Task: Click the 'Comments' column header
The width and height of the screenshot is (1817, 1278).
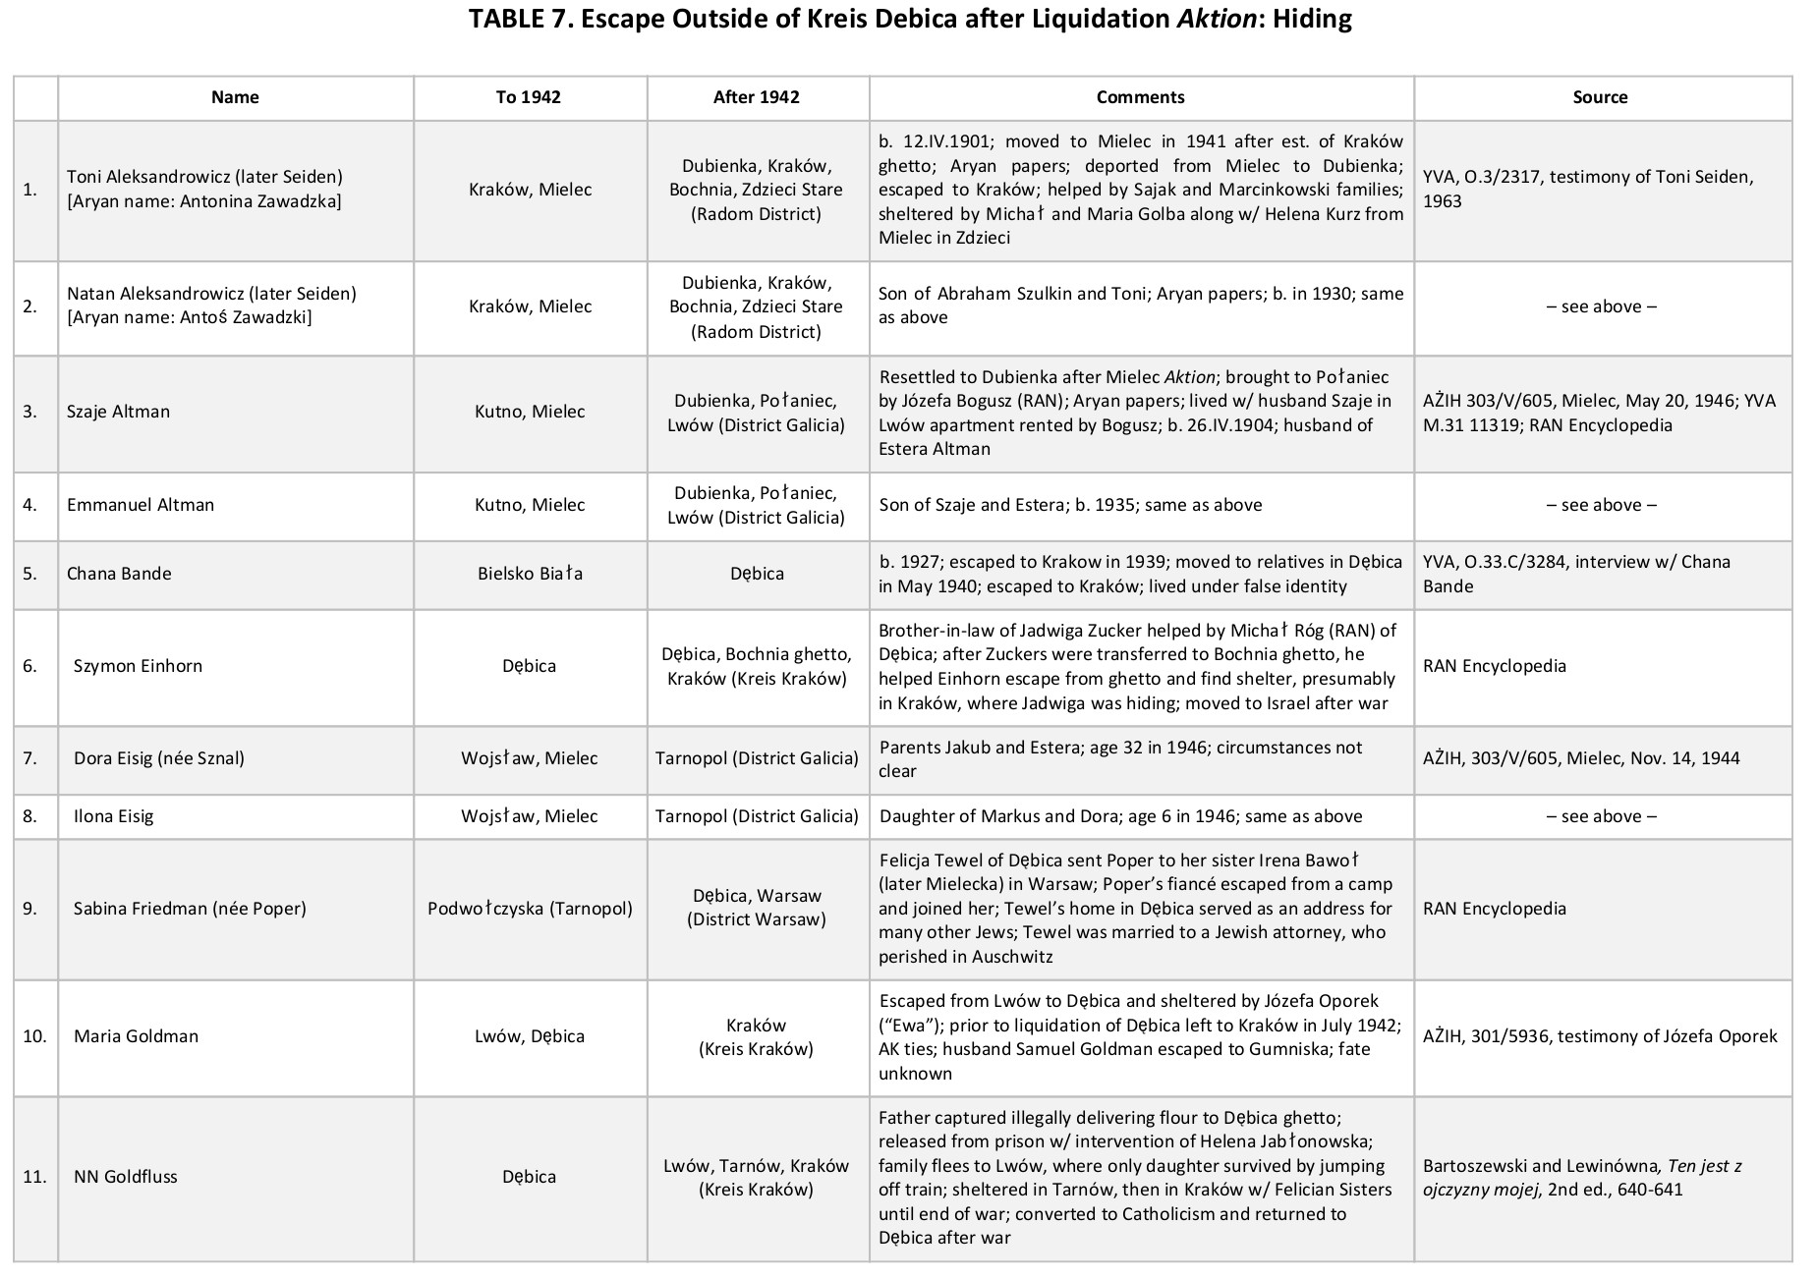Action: click(1140, 97)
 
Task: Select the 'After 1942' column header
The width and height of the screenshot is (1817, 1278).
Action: click(756, 97)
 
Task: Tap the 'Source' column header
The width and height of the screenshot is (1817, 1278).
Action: click(1599, 97)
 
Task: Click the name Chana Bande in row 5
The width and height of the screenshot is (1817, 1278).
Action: click(119, 574)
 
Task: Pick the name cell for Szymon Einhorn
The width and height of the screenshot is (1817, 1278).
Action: click(138, 666)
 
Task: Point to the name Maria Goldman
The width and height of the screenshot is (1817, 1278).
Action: click(136, 1036)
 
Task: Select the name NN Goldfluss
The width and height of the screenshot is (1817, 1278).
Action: click(125, 1177)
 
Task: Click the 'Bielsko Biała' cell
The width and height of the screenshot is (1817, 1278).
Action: click(530, 574)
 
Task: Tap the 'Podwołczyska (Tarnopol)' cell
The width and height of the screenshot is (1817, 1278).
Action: click(530, 909)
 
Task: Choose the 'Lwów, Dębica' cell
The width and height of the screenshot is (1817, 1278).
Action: click(530, 1036)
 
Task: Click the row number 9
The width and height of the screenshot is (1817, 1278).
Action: click(30, 909)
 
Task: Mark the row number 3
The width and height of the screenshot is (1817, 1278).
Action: click(30, 412)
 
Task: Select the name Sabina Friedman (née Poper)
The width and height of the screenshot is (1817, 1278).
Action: click(190, 909)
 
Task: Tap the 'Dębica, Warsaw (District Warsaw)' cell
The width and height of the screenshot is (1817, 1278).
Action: click(756, 908)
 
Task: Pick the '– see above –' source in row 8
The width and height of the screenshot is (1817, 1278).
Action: click(1601, 816)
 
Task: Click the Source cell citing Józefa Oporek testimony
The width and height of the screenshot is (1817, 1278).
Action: click(1600, 1036)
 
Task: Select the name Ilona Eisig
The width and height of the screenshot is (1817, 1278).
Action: click(113, 816)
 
